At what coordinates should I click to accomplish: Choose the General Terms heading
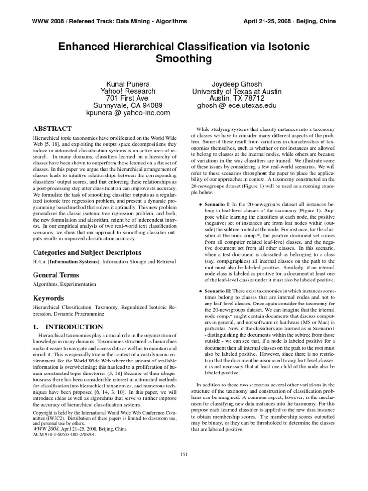point(56,275)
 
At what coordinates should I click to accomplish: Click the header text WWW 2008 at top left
point(48,22)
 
